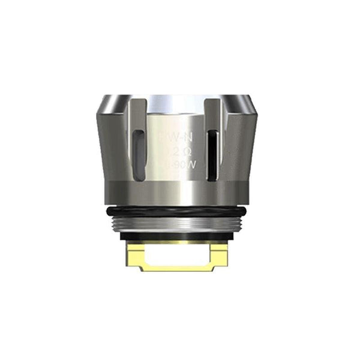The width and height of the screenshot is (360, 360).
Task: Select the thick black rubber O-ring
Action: coord(178,211)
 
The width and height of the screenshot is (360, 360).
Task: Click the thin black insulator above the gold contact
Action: coord(178,238)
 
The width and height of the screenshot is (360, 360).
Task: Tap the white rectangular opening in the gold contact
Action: coord(178,256)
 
